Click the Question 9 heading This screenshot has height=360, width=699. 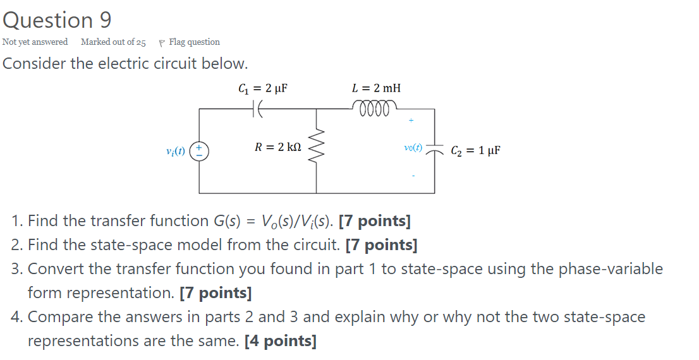click(x=57, y=20)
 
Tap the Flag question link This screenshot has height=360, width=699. click(x=194, y=42)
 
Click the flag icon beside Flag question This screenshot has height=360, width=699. click(x=162, y=42)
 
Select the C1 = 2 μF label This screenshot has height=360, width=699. click(x=262, y=88)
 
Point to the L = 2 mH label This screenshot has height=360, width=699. click(x=376, y=88)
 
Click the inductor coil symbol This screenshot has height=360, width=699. click(x=378, y=106)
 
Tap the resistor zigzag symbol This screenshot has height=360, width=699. click(x=316, y=150)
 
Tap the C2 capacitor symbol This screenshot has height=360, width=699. click(x=434, y=150)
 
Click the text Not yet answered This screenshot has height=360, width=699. click(x=35, y=42)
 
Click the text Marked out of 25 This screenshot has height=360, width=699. click(x=113, y=42)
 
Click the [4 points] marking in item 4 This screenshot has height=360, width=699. click(x=280, y=341)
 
